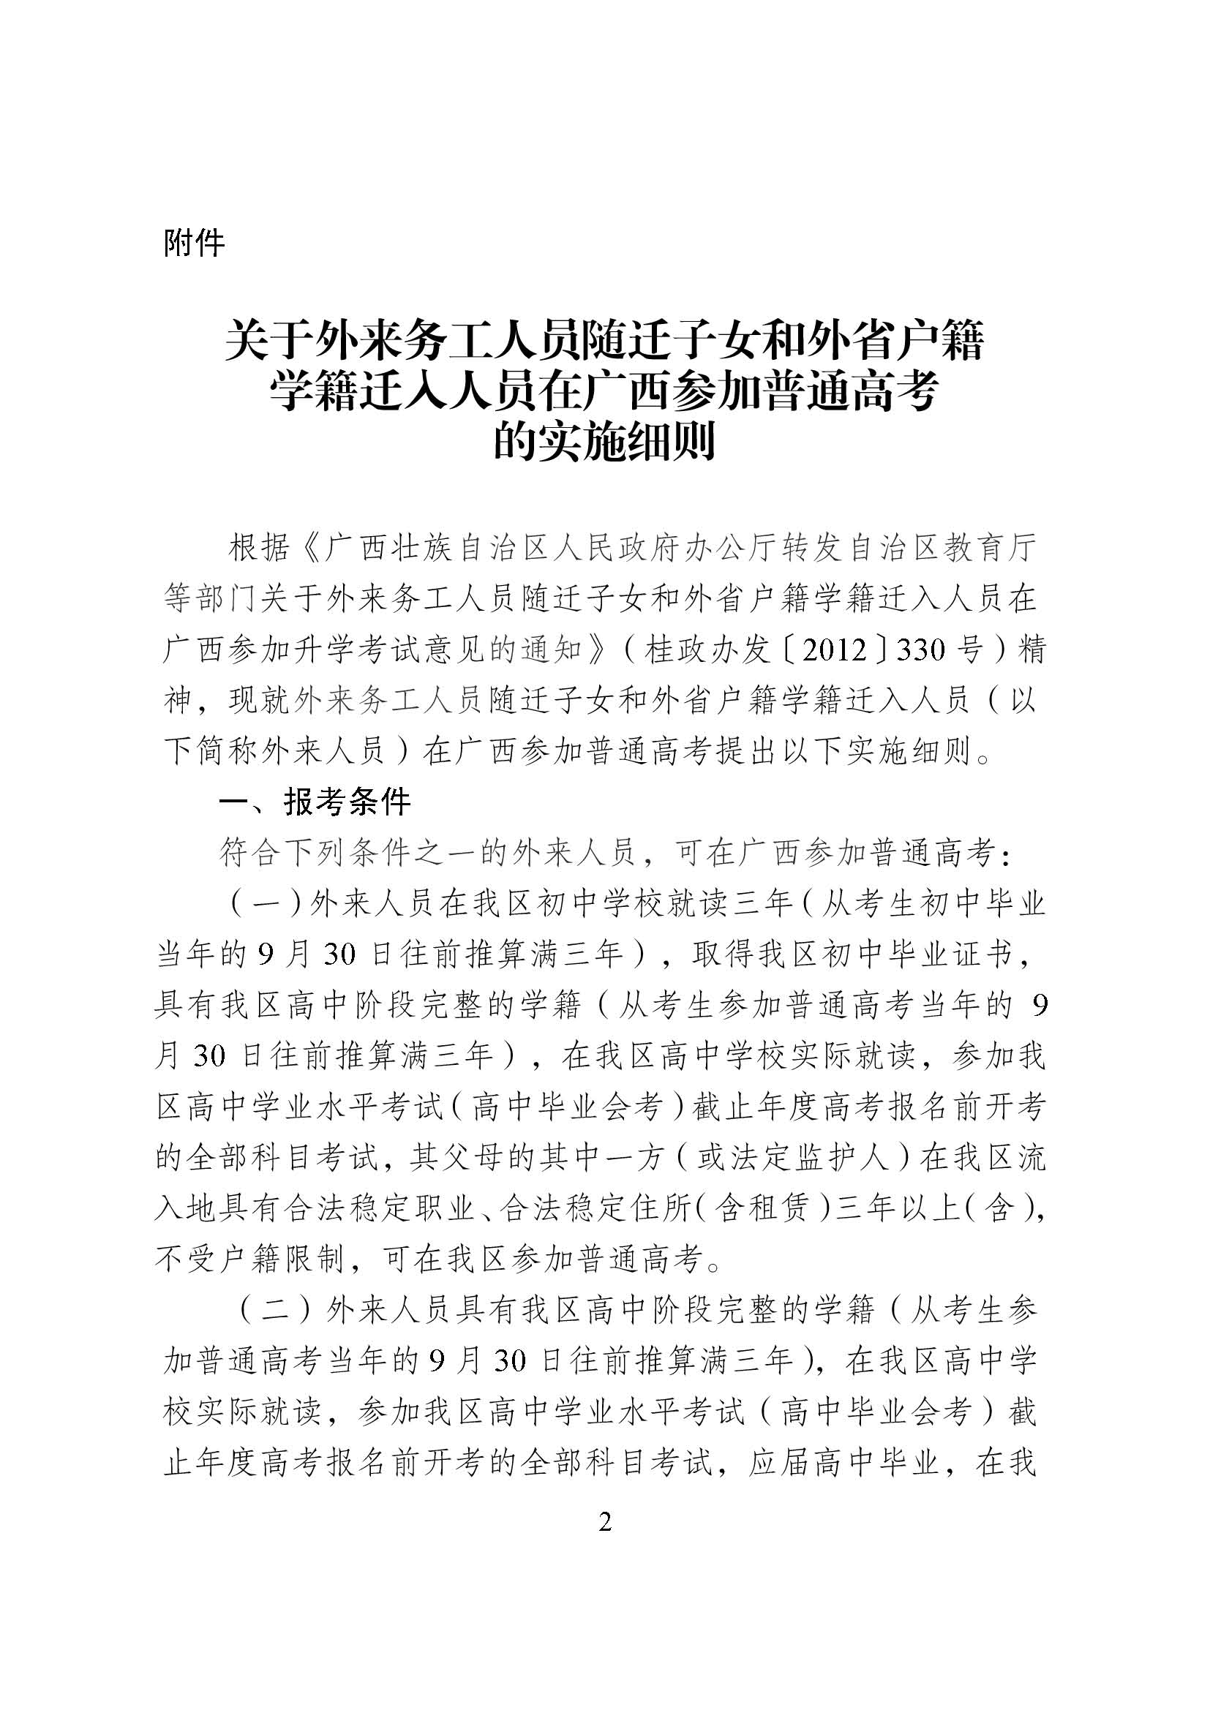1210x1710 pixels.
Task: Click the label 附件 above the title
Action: (194, 244)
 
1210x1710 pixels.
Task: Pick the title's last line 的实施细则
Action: (605, 442)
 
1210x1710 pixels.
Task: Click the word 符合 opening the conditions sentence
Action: (249, 854)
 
